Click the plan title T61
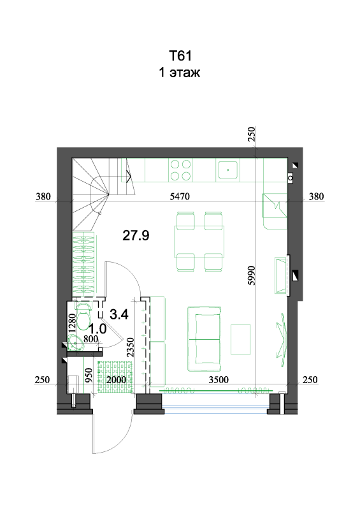[180, 55]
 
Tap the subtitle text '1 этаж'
[180, 72]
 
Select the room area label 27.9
[136, 235]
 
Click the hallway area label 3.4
[119, 314]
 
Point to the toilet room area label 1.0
[98, 329]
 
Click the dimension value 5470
[180, 196]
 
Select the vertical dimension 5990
[252, 275]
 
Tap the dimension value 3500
[219, 379]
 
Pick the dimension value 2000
[116, 379]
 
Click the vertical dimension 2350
[130, 347]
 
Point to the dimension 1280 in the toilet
[72, 323]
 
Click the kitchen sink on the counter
[227, 170]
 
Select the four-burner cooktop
[180, 170]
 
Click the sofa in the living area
[205, 339]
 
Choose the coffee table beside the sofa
[241, 339]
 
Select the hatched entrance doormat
[116, 375]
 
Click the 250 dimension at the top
[252, 134]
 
